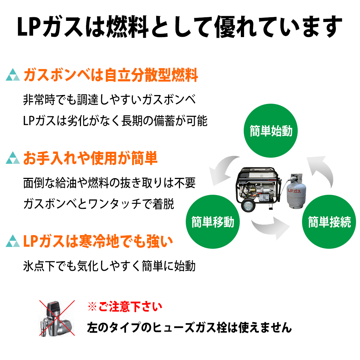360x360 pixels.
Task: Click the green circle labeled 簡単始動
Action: (271, 131)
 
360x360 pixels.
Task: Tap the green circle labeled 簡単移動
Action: (212, 222)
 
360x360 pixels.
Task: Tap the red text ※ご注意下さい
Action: (125, 307)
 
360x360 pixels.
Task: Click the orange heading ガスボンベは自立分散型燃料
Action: (111, 76)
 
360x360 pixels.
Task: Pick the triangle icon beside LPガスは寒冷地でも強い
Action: (13, 241)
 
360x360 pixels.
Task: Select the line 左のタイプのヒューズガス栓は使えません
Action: (189, 328)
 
